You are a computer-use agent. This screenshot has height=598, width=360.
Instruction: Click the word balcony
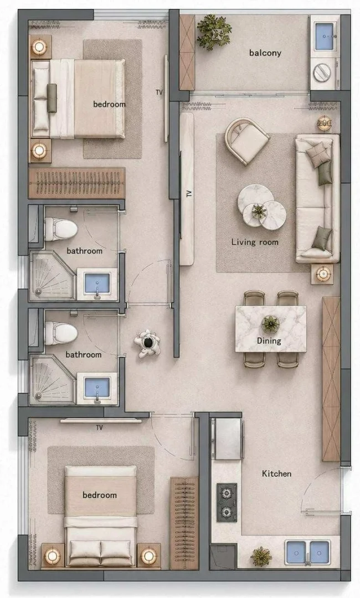[265, 53]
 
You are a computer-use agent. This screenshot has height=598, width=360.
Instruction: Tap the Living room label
[255, 242]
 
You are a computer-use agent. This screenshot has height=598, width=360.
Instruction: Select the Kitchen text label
[276, 473]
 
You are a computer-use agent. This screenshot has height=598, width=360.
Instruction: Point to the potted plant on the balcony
[214, 32]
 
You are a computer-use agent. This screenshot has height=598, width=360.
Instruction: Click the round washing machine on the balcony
[322, 72]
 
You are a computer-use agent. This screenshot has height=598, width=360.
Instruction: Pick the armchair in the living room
[246, 141]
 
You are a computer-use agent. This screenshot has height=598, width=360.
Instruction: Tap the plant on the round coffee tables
[259, 210]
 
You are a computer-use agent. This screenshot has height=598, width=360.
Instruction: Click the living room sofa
[318, 198]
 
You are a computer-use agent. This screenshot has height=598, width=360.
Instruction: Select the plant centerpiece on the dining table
[270, 324]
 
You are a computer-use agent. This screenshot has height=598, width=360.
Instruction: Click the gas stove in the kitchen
[227, 502]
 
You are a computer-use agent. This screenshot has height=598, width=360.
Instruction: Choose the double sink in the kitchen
[307, 552]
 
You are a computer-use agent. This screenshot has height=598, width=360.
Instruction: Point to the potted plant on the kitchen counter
[261, 556]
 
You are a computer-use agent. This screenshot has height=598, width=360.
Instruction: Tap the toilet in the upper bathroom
[60, 229]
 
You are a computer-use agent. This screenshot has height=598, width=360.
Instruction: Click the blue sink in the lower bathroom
[97, 388]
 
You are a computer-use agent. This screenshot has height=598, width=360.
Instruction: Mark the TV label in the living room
[189, 194]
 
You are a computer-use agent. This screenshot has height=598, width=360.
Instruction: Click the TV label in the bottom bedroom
[100, 427]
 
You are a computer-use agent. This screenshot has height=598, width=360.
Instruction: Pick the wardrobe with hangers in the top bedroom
[77, 183]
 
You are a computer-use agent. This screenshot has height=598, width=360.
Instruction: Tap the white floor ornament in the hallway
[147, 343]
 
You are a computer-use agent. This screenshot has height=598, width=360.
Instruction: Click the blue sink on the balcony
[325, 37]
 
